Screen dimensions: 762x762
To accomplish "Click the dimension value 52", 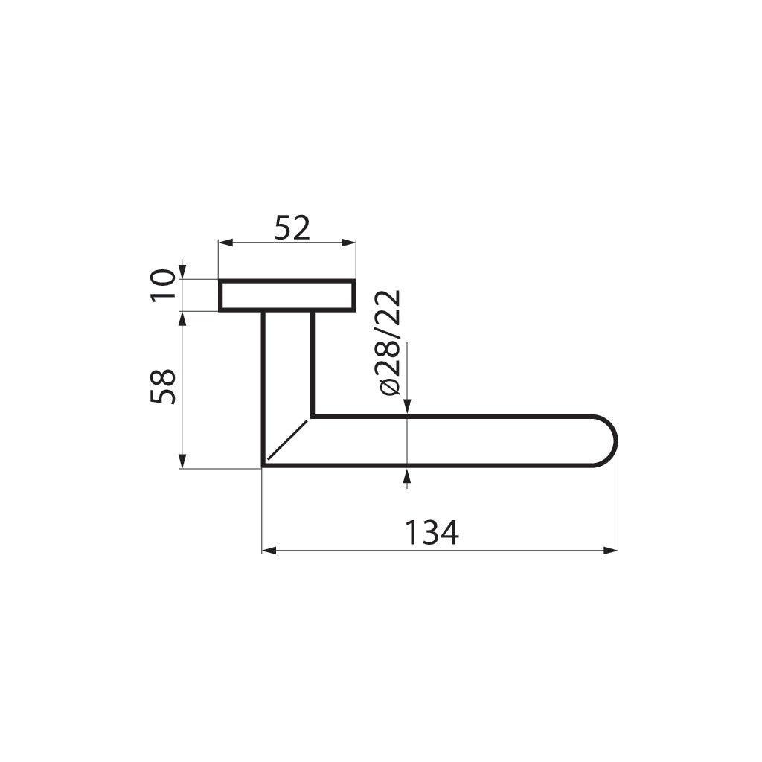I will pos(292,228).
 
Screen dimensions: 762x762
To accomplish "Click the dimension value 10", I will pos(163,285).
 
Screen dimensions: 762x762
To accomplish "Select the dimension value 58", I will pos(163,386).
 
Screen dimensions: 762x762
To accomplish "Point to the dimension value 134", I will pos(432,533).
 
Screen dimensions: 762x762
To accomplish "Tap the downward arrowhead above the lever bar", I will pos(406,405).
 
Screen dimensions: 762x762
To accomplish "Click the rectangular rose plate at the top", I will pos(286,295).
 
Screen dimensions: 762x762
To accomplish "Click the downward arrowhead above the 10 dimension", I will pos(182,272).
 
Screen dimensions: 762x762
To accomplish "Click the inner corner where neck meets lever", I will pos(312,416).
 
